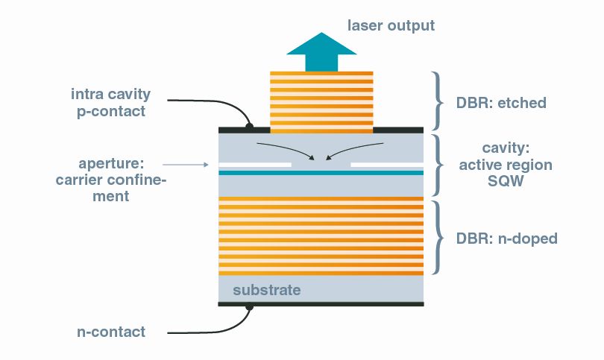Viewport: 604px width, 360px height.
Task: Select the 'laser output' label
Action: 391,26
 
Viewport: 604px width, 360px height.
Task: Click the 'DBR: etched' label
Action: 500,103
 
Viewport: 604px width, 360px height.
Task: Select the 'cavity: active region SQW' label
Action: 506,164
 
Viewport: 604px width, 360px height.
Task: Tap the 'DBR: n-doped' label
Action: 506,239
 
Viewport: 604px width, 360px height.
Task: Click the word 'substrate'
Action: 267,289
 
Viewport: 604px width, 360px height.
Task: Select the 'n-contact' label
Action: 111,332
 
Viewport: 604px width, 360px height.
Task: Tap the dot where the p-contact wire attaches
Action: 250,127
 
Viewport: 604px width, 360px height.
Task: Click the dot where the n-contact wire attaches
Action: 250,306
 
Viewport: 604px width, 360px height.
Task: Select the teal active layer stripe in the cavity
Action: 321,172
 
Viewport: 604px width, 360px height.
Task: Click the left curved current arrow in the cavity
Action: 283,149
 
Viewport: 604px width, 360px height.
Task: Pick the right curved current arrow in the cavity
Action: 358,149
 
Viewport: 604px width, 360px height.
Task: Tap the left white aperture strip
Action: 254,162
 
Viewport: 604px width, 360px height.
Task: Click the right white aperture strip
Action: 387,162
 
